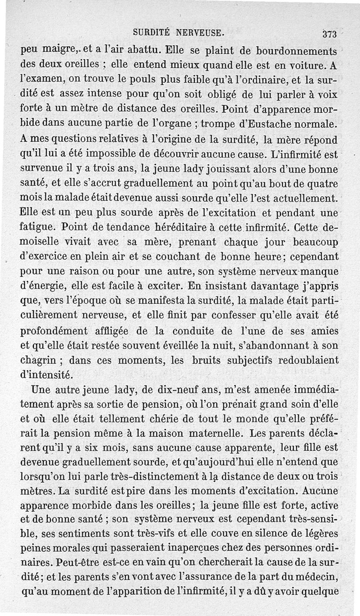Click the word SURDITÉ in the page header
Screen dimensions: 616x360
tap(152, 32)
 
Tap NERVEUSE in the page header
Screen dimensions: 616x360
tap(200, 32)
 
